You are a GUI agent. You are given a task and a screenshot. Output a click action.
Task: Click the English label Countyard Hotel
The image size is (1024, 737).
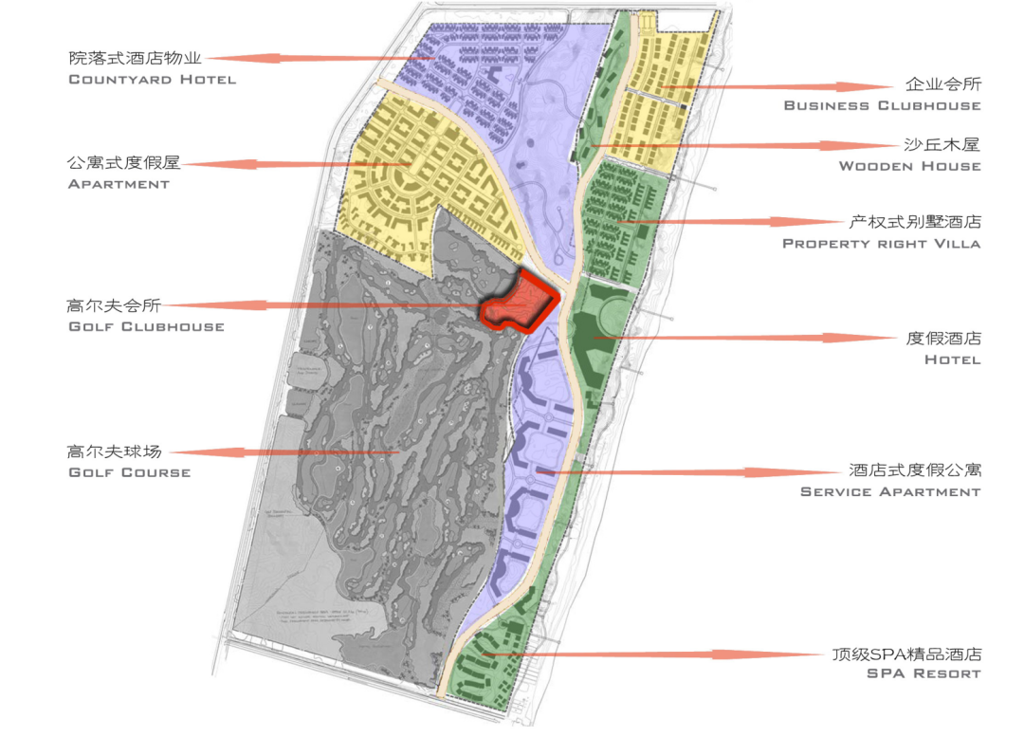(152, 80)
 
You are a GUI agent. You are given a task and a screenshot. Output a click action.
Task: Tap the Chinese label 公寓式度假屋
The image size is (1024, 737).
(123, 163)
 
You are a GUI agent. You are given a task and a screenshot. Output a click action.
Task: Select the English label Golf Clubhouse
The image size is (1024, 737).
(146, 326)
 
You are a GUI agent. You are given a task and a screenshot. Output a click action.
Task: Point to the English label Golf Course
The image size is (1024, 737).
(129, 472)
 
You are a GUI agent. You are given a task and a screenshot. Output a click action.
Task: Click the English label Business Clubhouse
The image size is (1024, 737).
(882, 105)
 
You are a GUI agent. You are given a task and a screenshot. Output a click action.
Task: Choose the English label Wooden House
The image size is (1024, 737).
(909, 166)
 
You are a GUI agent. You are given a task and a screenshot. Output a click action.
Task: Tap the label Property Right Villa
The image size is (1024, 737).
(881, 244)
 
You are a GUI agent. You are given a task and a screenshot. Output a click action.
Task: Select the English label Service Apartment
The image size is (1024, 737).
(889, 492)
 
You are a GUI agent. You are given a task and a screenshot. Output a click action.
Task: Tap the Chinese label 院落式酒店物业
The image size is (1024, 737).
(136, 59)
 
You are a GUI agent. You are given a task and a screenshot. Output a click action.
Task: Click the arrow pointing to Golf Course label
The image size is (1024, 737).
(284, 452)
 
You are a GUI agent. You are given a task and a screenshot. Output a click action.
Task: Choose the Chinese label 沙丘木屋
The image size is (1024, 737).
(942, 145)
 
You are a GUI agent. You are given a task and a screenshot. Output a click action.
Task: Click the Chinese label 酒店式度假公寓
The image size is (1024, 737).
(914, 470)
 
